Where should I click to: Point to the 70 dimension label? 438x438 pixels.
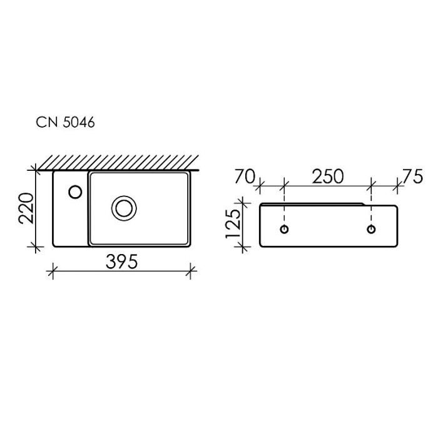click(245, 177)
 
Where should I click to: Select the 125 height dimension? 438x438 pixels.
click(233, 224)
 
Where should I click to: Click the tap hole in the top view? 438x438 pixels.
click(75, 191)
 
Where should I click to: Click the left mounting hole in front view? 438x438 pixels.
click(285, 229)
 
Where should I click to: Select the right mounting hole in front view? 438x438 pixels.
click(372, 229)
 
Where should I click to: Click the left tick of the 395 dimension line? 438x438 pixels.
click(52, 271)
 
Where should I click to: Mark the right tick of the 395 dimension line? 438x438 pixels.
click(191, 271)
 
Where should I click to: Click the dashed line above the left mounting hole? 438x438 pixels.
click(285, 210)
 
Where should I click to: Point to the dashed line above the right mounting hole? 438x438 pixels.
click(372, 210)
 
